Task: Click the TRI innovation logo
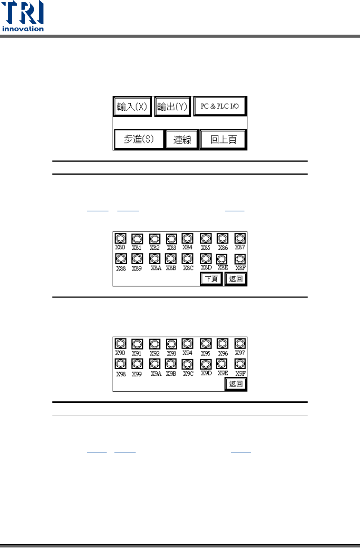click(23, 16)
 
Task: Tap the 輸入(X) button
click(132, 107)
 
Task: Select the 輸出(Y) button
click(172, 107)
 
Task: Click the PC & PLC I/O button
click(220, 106)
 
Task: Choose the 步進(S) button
click(139, 139)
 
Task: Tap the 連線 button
click(182, 140)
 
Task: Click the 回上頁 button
click(223, 140)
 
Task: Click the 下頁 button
click(211, 279)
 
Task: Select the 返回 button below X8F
click(236, 279)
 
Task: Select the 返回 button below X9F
click(236, 384)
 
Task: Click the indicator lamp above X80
click(120, 238)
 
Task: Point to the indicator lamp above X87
click(240, 238)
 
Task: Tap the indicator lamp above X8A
click(155, 258)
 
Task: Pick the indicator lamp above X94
click(187, 344)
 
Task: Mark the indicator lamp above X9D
click(206, 364)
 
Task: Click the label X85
click(205, 248)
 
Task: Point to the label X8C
click(188, 268)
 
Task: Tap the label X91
click(137, 353)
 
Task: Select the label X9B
click(171, 373)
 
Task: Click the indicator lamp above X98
click(120, 364)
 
